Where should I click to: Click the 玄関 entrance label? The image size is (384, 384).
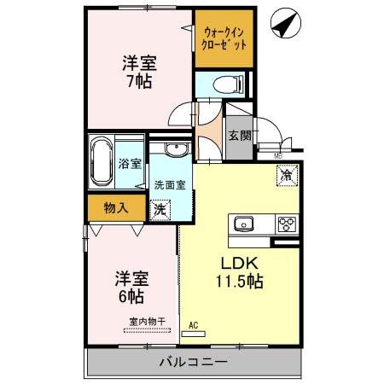pos(238,135)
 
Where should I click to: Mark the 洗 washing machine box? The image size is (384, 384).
pos(160,207)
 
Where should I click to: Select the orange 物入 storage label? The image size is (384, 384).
pos(116,207)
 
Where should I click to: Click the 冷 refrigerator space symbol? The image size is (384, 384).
pos(286,174)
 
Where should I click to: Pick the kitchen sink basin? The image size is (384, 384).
pos(243,224)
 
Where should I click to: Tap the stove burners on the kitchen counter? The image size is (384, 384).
pos(285,224)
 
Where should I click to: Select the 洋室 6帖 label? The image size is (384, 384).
pos(130,287)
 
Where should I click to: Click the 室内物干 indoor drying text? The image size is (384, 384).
pos(147,322)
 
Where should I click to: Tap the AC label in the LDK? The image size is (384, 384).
pos(194,325)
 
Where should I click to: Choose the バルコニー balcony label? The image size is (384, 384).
pos(192,362)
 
